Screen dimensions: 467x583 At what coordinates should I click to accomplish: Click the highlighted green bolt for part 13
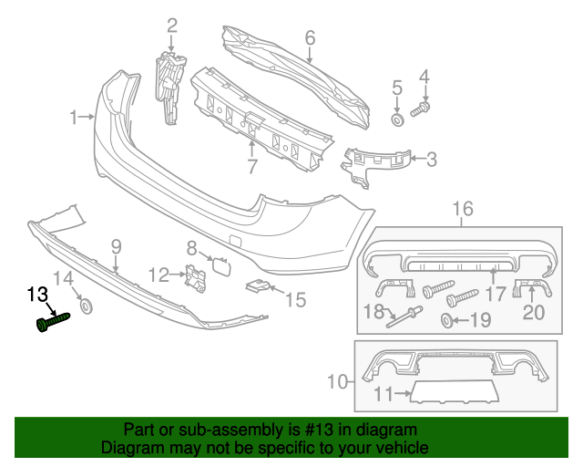click(53, 322)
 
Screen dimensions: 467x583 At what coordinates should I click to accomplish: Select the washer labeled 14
click(87, 306)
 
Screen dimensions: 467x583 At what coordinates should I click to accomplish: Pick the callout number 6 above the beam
click(309, 37)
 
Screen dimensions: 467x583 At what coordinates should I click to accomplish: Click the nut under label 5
click(397, 119)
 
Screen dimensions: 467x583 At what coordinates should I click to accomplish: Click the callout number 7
click(252, 167)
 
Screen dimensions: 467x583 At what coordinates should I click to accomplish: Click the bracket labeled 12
click(195, 276)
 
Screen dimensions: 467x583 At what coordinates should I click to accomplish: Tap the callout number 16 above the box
click(463, 211)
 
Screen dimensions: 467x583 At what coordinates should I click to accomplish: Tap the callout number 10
click(337, 380)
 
